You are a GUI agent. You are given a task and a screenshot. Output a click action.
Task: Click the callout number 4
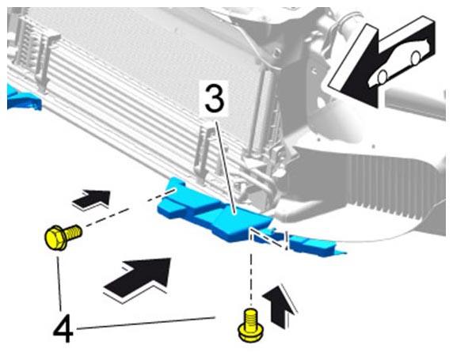coord(63,328)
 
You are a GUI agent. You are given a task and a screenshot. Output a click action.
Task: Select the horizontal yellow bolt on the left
coord(63,237)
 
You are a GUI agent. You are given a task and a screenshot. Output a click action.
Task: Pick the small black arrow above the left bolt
coord(92,199)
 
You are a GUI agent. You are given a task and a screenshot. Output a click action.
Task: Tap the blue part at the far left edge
coord(22,98)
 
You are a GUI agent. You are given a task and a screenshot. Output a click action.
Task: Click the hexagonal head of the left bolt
coord(55,237)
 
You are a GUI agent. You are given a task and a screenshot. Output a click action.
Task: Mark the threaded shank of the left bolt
coord(74,233)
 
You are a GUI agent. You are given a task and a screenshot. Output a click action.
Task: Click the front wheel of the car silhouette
coord(383,77)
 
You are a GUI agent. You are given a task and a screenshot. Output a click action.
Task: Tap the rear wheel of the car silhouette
coord(416,58)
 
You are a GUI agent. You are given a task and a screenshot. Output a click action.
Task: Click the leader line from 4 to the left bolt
coord(59,283)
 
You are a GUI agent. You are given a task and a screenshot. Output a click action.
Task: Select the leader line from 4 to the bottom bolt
coord(145,323)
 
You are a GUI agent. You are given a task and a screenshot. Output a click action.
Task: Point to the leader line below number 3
coord(226,168)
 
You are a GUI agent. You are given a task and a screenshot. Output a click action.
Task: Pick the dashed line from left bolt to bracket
coord(131,208)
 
